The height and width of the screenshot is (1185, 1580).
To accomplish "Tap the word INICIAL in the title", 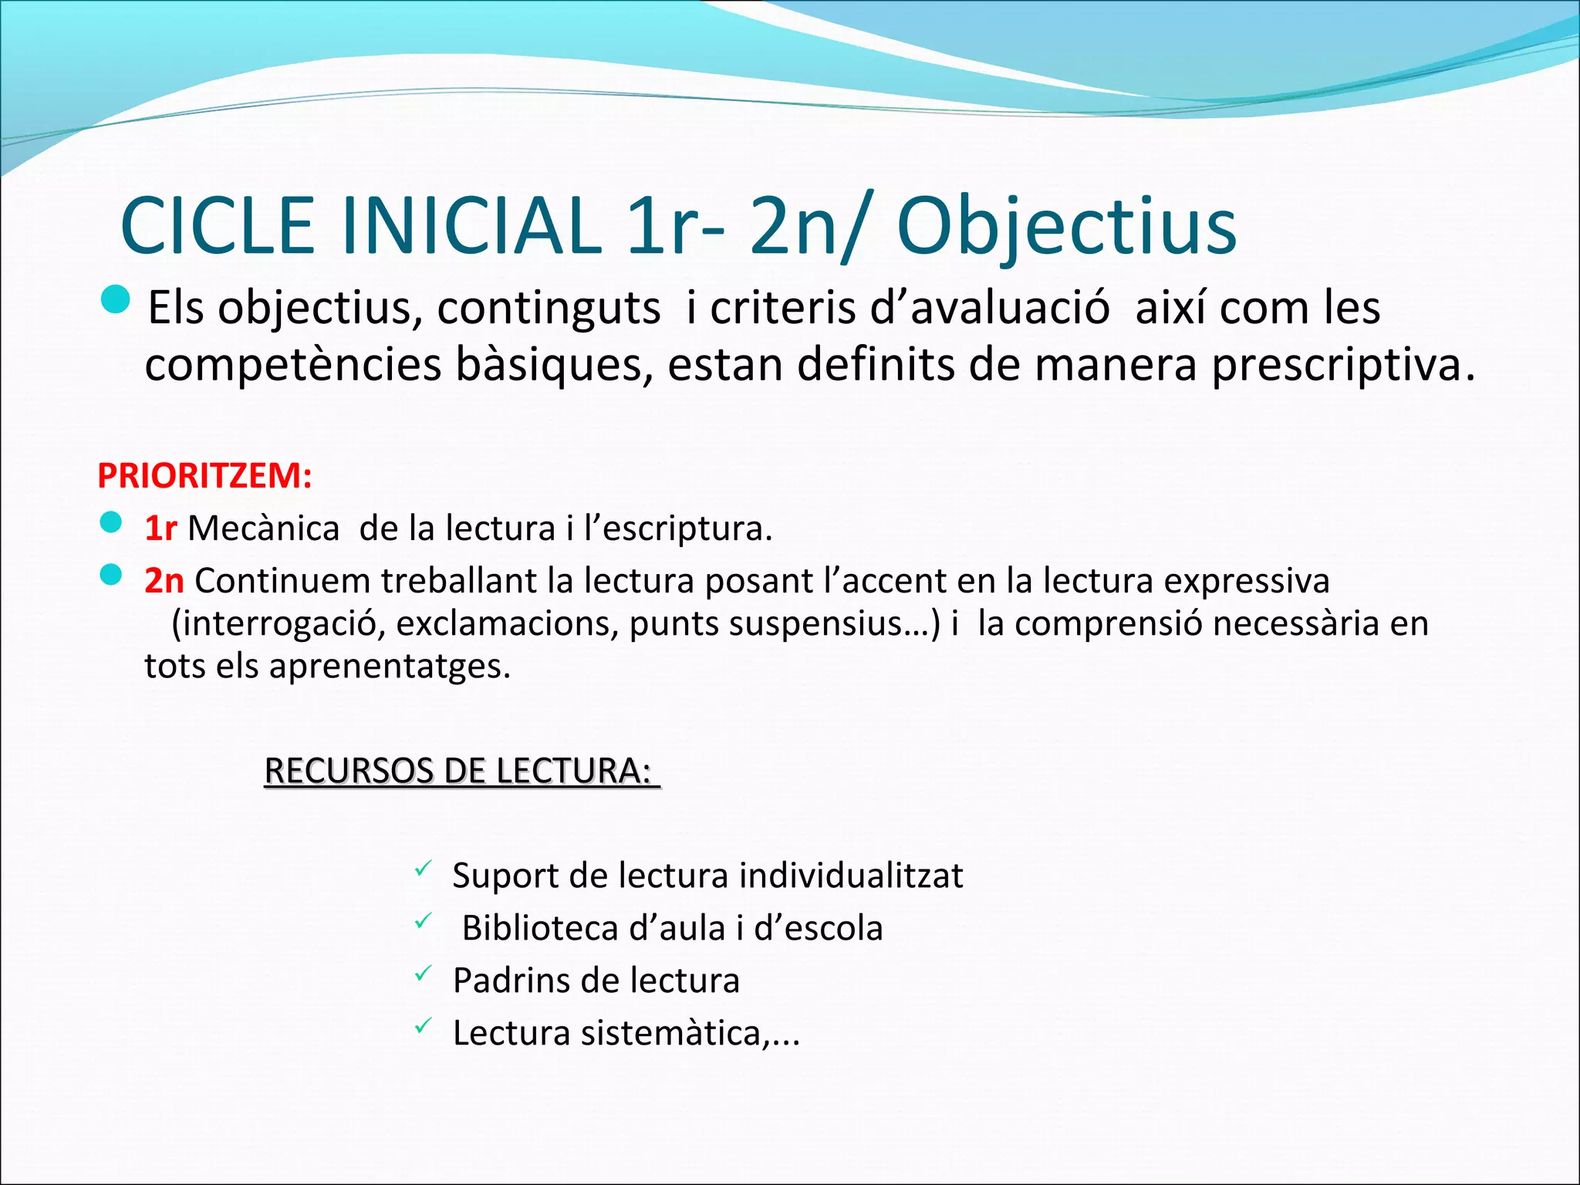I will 471,227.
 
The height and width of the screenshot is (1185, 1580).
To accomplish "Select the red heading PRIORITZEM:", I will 204,475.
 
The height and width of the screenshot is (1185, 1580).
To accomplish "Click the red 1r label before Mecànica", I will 160,528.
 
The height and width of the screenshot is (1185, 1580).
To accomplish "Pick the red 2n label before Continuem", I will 164,581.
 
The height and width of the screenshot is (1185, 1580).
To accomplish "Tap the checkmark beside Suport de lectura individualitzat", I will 422,869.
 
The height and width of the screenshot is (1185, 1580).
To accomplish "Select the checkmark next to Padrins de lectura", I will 422,974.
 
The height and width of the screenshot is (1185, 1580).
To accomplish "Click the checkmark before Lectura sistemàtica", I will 422,1027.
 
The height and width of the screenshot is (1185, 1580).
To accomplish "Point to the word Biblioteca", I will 540,928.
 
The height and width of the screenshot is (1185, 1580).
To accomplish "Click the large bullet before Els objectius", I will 116,299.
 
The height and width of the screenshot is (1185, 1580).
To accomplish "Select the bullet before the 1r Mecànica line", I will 111,523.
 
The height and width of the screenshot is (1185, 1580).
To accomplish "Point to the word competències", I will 293,366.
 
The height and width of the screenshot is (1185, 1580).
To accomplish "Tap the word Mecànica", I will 263,528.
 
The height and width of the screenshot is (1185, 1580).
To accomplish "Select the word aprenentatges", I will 389,666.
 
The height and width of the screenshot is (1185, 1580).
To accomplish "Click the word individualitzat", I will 851,876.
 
